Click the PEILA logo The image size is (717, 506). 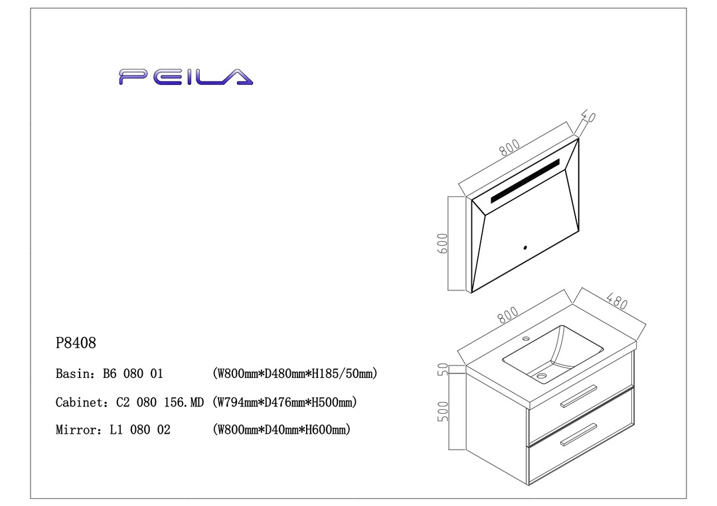186,77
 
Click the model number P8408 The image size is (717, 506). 76,344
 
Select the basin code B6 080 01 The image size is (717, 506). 133,374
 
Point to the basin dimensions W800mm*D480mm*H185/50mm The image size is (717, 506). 295,374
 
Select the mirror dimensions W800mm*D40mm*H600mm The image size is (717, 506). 281,430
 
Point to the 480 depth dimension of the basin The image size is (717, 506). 617,302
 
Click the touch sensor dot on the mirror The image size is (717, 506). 524,248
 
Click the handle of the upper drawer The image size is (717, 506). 578,395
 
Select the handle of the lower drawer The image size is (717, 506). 578,434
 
